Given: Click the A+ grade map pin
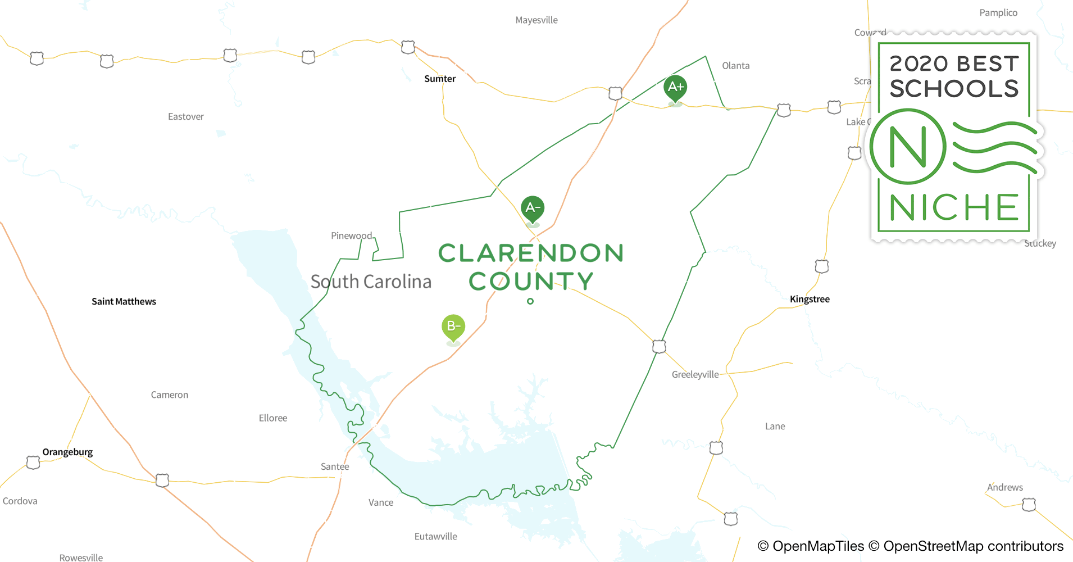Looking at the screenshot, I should point(675,87).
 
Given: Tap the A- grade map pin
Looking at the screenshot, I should point(532,209).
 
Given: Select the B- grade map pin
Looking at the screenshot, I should point(453,326).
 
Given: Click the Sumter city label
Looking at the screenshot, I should point(440,79).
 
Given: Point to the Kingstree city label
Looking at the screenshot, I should point(810,299).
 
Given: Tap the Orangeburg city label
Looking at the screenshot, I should point(67,452).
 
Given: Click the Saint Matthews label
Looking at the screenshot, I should point(124,301).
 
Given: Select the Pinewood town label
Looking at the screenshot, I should point(351,235).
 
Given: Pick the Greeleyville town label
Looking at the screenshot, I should point(695,374).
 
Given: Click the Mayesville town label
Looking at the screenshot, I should point(536,20).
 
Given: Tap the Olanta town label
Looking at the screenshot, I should point(735,66).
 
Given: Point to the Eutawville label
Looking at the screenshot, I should point(435,536).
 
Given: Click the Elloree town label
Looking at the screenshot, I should point(273,418).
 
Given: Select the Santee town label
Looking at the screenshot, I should point(335,466).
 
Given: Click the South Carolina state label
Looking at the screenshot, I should point(371,281).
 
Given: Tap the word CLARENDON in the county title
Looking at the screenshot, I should point(531,253).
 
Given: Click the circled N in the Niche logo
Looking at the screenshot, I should point(908,147).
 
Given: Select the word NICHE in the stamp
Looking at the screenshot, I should point(954,207).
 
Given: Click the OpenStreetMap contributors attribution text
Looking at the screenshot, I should point(972,546).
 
